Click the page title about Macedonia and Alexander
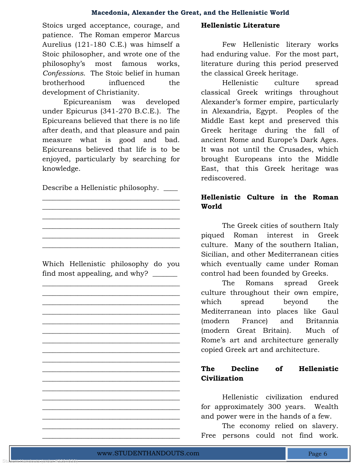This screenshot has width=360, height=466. [x=190, y=13]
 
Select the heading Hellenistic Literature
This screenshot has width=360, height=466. [x=240, y=25]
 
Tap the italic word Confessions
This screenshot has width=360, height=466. [x=63, y=73]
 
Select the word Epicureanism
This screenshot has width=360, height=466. [x=87, y=102]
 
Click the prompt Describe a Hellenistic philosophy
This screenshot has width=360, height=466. [x=100, y=188]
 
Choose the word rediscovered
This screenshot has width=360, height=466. [x=223, y=178]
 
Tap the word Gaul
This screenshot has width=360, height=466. [x=330, y=311]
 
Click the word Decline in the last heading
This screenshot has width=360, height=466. [x=245, y=369]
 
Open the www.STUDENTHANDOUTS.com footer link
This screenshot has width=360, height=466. [x=148, y=453]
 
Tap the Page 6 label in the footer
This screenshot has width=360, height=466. [x=317, y=454]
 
